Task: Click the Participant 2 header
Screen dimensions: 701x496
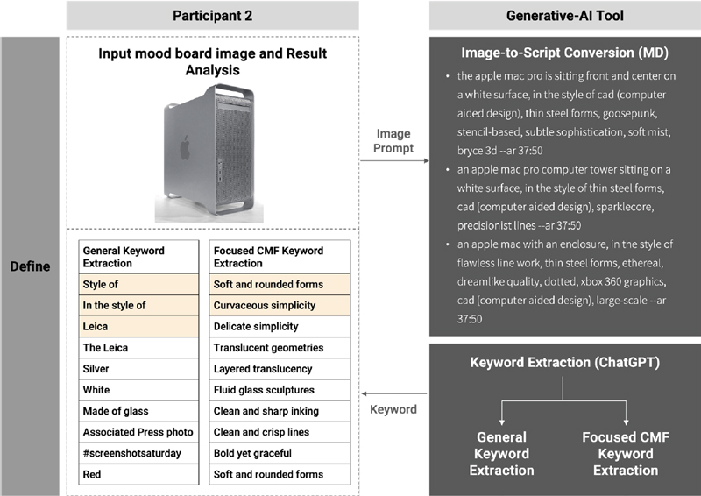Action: coord(212,16)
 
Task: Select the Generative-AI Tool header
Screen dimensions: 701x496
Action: coord(564,16)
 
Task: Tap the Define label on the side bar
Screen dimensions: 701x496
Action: coord(30,266)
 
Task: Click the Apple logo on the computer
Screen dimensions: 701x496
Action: coord(185,147)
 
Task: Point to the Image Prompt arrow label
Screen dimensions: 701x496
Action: coord(393,140)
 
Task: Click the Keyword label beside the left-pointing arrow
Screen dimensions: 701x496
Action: coord(393,409)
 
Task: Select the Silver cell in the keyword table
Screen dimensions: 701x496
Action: coord(138,369)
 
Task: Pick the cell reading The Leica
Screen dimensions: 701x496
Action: coord(138,348)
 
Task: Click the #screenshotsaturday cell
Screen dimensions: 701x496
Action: coord(138,453)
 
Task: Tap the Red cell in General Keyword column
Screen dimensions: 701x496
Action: coord(138,474)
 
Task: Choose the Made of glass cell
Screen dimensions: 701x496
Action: coord(138,411)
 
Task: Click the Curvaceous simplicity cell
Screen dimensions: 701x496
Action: coord(280,305)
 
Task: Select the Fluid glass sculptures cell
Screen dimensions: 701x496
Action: coord(280,390)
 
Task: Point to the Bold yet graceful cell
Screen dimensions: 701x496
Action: coord(280,453)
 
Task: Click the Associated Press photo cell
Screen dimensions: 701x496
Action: coord(138,432)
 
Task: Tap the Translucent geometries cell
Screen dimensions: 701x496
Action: coord(280,348)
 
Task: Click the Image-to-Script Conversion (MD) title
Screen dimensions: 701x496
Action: coord(564,53)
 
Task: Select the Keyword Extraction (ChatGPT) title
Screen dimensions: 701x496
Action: coord(564,362)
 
